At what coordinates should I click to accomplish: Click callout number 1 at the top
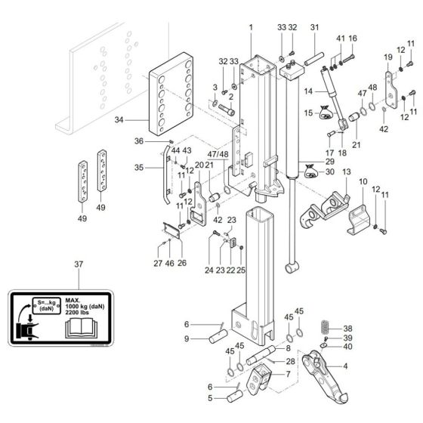250,28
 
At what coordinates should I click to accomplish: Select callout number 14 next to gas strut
308,91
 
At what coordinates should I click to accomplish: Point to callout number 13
347,173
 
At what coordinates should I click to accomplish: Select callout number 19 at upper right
387,57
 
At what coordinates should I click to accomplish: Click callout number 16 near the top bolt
352,39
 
